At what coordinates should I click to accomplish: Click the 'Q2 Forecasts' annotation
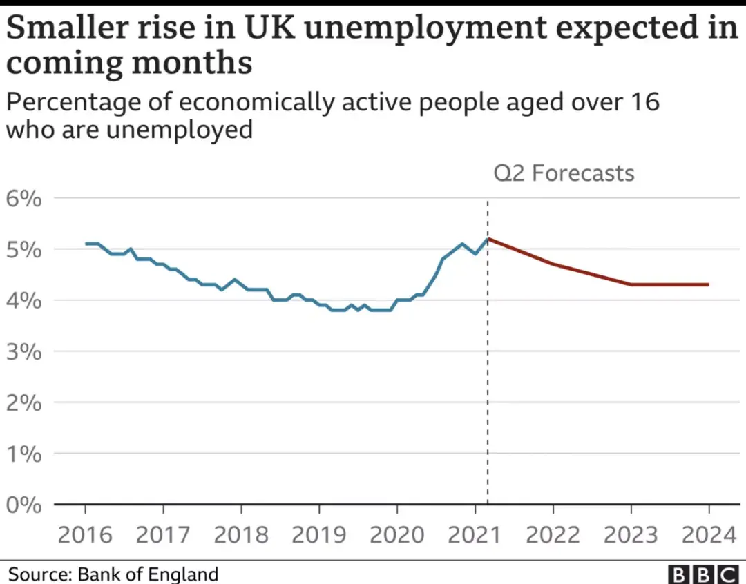(564, 173)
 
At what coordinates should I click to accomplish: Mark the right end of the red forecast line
(708, 284)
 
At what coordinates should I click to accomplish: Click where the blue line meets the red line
(488, 239)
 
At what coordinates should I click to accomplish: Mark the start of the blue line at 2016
(86, 244)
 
